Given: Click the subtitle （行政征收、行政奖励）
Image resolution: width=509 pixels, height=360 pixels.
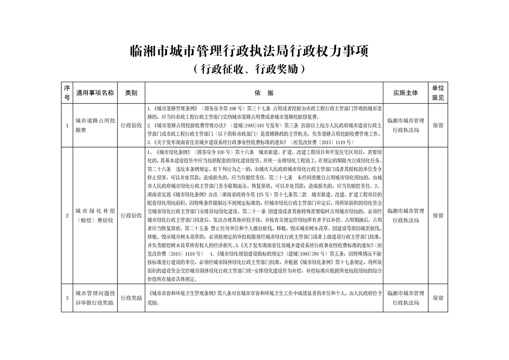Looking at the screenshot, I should point(249,69).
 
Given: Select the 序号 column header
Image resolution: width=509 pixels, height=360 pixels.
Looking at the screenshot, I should point(67,93).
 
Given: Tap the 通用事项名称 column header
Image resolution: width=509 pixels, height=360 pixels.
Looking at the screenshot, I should point(95,93).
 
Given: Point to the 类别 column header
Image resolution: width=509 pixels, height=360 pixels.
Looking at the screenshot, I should point(131,93).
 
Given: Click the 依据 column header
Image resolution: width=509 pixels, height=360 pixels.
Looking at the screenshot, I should point(264,93).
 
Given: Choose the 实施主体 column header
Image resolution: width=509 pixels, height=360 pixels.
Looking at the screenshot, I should point(406,93).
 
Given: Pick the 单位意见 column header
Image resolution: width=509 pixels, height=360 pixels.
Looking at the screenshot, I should point(438,93).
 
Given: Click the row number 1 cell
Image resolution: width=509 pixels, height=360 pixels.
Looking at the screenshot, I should point(67,125).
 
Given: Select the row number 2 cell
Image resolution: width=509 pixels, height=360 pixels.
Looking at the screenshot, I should point(67,215).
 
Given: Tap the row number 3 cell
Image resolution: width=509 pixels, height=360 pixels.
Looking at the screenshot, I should point(67,298).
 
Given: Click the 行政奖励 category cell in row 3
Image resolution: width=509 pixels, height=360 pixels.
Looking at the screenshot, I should point(131,298).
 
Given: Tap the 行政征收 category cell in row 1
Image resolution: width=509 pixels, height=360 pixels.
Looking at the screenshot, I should point(131,125).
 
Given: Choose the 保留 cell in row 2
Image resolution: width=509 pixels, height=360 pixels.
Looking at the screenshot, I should point(438,215).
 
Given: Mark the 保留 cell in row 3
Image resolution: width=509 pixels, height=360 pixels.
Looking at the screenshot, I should point(438,298).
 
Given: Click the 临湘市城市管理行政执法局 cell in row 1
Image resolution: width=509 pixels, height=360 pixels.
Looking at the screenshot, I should point(406,125).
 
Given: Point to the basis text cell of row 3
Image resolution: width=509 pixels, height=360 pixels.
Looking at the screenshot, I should point(264,298).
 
